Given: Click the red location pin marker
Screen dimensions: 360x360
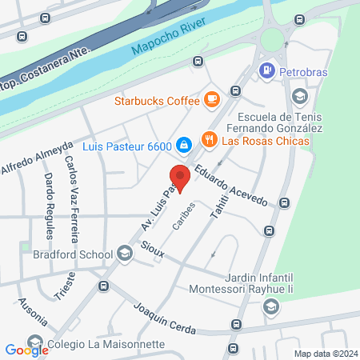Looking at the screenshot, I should (180, 179).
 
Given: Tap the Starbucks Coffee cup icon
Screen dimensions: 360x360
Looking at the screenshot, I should (211, 99).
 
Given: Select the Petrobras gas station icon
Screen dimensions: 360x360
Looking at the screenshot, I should (266, 71).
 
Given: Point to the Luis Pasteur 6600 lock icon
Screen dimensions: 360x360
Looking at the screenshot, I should (183, 144).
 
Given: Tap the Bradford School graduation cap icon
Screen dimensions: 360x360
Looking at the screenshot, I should (124, 254).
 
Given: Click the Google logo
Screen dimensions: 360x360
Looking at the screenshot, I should (26, 350).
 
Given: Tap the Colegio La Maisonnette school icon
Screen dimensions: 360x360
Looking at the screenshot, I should (34, 342).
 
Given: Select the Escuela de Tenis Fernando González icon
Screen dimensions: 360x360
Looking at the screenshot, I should (299, 97).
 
